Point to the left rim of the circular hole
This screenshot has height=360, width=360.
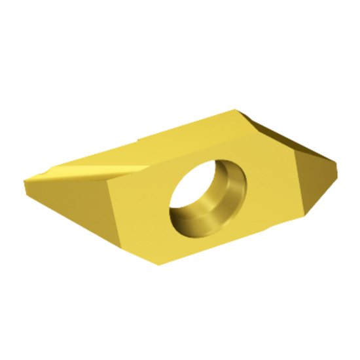pos(171,203)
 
